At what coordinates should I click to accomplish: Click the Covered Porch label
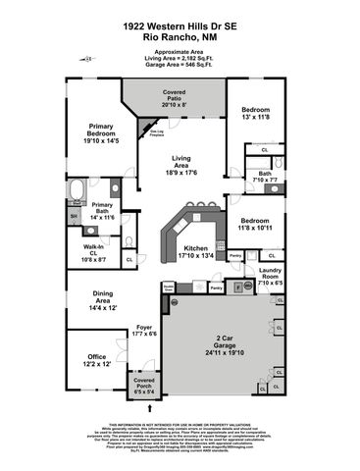coord(144,384)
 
